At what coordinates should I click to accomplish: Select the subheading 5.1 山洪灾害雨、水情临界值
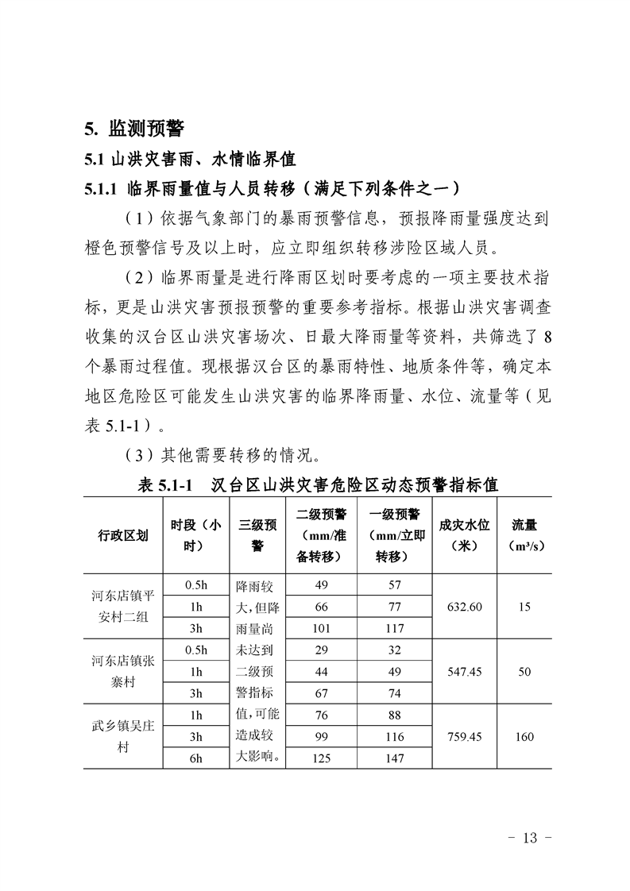tap(190, 159)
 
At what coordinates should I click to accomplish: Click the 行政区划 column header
tap(123, 535)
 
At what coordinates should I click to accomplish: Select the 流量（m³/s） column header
tap(524, 535)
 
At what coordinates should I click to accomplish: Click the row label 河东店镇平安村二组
tap(123, 607)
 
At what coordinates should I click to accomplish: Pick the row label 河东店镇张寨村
tap(123, 672)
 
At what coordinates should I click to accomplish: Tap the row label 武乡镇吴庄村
tap(123, 737)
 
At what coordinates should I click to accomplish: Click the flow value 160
tap(524, 737)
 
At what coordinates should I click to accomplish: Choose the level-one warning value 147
tap(395, 758)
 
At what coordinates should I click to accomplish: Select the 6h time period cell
tap(195, 758)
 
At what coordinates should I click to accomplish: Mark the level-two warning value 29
tap(322, 650)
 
